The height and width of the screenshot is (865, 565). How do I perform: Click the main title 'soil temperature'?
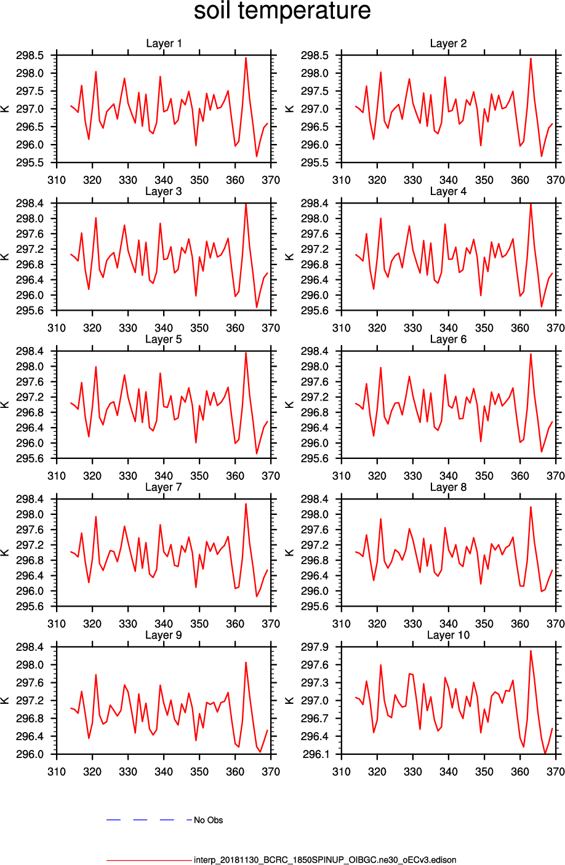282,12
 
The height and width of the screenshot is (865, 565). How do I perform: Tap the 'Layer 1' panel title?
164,44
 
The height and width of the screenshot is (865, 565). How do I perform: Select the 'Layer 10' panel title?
448,635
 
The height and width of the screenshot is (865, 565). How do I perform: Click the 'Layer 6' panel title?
448,340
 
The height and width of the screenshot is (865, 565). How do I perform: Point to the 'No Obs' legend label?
208,820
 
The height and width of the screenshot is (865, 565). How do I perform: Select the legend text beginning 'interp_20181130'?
325,860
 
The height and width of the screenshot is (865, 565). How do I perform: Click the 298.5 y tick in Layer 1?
30,56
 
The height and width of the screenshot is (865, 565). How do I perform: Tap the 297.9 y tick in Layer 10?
315,647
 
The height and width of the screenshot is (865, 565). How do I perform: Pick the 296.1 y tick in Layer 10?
315,754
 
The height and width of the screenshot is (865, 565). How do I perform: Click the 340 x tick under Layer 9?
164,771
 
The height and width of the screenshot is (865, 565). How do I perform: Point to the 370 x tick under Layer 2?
555,180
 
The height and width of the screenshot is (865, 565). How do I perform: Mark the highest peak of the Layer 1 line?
246,58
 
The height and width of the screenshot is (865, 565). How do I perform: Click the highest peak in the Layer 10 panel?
531,651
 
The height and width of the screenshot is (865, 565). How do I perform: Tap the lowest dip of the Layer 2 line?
542,156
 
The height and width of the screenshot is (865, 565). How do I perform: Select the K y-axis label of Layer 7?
6,552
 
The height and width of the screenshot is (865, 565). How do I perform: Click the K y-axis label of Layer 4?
291,257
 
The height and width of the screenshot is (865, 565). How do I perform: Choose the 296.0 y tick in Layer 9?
30,754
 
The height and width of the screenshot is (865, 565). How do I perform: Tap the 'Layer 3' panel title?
164,191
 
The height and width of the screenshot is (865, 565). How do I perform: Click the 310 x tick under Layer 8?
342,623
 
